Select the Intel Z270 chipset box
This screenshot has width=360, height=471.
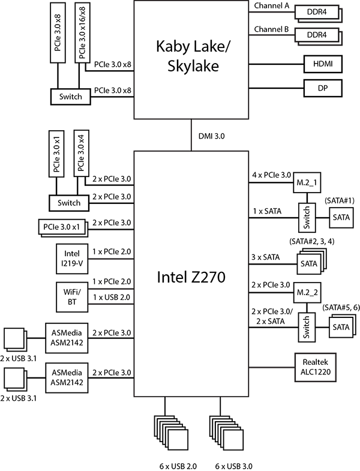pos(191,273)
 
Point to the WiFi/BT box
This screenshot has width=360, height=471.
pos(71,296)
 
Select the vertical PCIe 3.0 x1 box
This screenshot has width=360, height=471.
pos(58,153)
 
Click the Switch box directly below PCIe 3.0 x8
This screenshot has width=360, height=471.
pos(71,97)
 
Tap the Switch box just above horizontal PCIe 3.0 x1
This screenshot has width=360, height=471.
pos(69,203)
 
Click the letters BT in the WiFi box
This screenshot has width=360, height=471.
pos(72,302)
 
